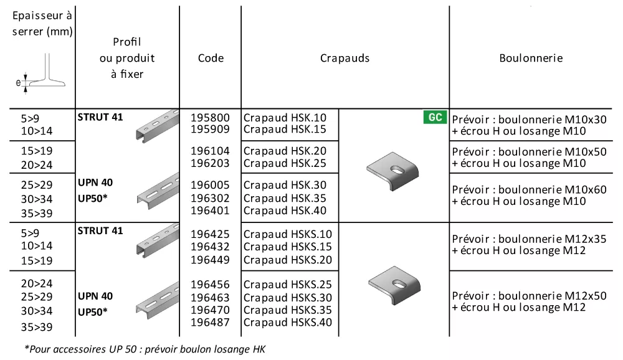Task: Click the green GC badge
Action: click(x=435, y=117)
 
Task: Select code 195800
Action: click(x=210, y=118)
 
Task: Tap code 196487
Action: click(x=210, y=322)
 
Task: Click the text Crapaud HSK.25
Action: click(x=285, y=163)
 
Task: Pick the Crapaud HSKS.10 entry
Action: click(x=288, y=234)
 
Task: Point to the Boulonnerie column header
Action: click(x=531, y=58)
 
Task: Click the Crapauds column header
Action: click(x=345, y=58)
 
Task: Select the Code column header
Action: click(x=211, y=58)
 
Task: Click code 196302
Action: click(x=210, y=198)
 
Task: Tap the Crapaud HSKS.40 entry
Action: click(x=288, y=322)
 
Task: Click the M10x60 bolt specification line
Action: click(x=529, y=189)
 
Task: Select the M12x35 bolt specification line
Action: click(x=529, y=239)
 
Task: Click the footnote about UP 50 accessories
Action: click(x=145, y=349)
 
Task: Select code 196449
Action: click(x=210, y=260)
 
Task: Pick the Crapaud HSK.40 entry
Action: click(x=285, y=211)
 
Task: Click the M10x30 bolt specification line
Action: click(x=529, y=119)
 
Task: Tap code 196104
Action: click(x=210, y=151)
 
